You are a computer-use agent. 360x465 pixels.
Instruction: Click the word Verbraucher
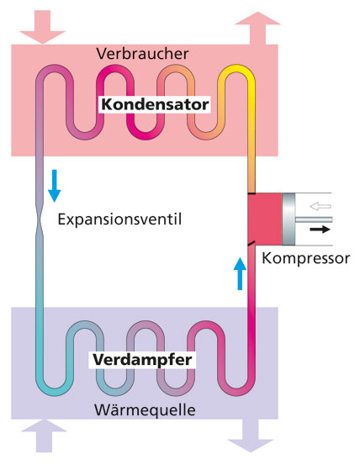142,54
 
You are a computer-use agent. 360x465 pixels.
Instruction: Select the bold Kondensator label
155,104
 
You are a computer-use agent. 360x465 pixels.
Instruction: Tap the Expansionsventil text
119,219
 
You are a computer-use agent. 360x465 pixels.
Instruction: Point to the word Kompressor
305,259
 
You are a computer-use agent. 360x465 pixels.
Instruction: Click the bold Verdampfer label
142,360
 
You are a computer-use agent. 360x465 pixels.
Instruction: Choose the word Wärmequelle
145,410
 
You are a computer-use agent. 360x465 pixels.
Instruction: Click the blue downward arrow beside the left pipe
55,186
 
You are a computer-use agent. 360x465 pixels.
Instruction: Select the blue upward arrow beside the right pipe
240,273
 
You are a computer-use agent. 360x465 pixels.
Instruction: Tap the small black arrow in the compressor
320,230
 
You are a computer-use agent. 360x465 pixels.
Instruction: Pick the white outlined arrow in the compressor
320,206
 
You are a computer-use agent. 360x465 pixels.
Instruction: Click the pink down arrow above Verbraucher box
42,27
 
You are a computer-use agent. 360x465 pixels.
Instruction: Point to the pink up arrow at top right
257,29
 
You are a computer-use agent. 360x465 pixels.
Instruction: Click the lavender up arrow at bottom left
45,436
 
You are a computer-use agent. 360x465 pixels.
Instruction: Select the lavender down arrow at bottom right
251,436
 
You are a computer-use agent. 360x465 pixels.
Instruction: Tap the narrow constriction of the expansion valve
40,219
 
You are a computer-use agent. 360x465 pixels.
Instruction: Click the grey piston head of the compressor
289,219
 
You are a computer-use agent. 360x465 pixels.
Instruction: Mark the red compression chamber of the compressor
265,219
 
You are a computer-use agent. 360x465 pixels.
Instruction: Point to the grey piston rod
314,219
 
